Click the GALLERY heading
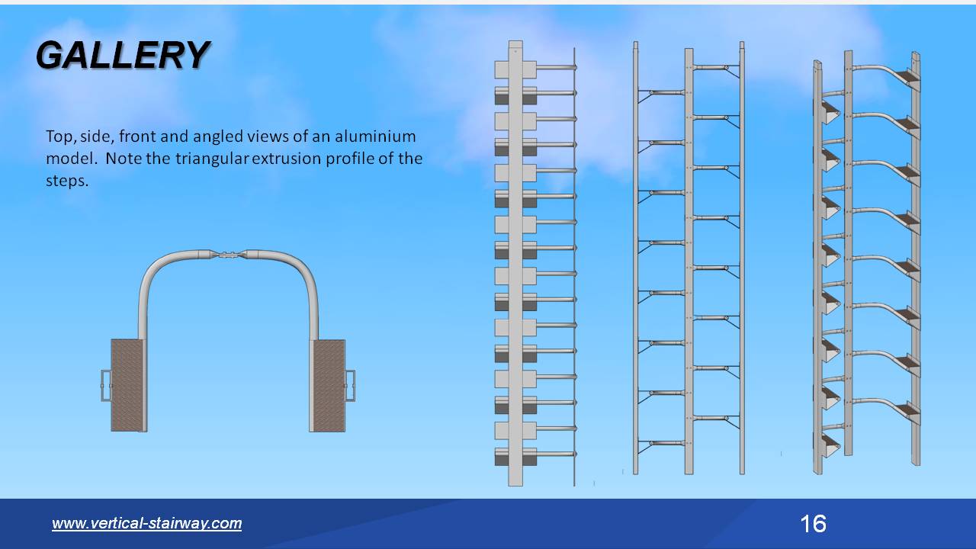123,55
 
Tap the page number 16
813,524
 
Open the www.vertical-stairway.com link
146,523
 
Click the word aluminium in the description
378,136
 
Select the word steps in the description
66,181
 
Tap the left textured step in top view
127,385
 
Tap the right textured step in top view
329,385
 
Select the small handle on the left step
106,385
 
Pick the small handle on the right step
350,385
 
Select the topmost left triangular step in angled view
829,112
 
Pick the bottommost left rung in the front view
662,443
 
